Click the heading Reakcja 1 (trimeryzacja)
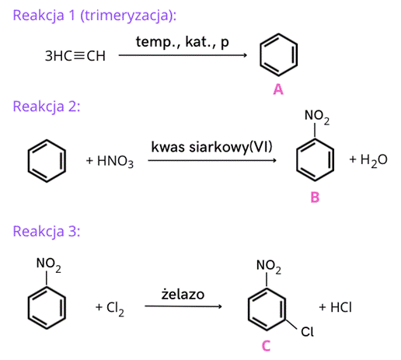click(95, 16)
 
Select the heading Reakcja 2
click(47, 107)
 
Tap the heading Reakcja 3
click(47, 231)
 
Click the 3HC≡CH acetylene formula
click(75, 56)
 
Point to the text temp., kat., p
click(183, 42)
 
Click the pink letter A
click(278, 89)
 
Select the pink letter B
click(315, 197)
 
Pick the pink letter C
click(267, 346)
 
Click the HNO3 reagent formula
click(116, 161)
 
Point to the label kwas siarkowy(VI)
click(211, 147)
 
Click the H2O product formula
click(374, 160)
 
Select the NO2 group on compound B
click(317, 117)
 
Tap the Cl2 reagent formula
click(115, 309)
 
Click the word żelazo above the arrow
click(183, 295)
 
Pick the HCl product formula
click(341, 307)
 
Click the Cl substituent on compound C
click(307, 332)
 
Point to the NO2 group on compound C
click(269, 267)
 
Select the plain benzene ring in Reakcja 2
click(28, 161)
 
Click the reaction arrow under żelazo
click(183, 306)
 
